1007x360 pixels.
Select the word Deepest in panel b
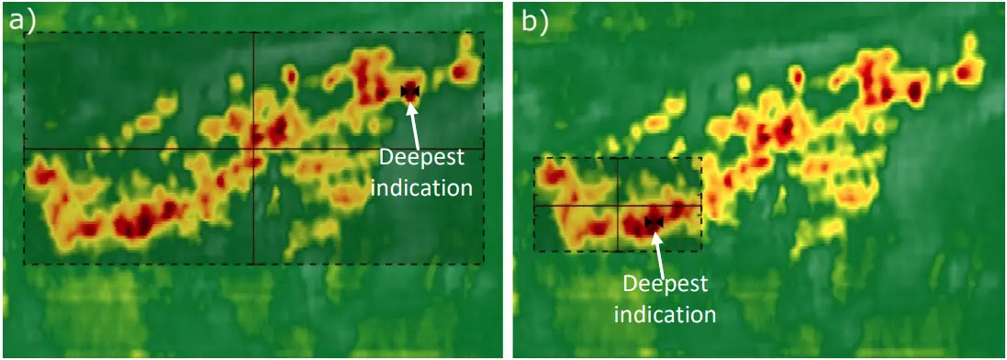pos(665,284)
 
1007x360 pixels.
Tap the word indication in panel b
pos(665,314)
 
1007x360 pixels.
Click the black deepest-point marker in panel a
pos(409,90)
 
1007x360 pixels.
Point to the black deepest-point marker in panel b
pos(654,221)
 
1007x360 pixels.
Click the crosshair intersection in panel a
pos(252,148)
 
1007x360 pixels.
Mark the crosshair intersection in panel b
pos(618,205)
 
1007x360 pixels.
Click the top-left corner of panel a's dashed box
pos(25,33)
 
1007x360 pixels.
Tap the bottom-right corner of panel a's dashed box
pos(483,264)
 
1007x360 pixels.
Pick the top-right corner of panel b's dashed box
pos(701,158)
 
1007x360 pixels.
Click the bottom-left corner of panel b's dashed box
pos(534,251)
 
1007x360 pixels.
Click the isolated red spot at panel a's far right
pos(463,70)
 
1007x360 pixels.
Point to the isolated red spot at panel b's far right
pos(966,71)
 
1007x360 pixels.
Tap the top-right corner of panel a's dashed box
pos(483,33)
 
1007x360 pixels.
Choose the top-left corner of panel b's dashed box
pos(534,158)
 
